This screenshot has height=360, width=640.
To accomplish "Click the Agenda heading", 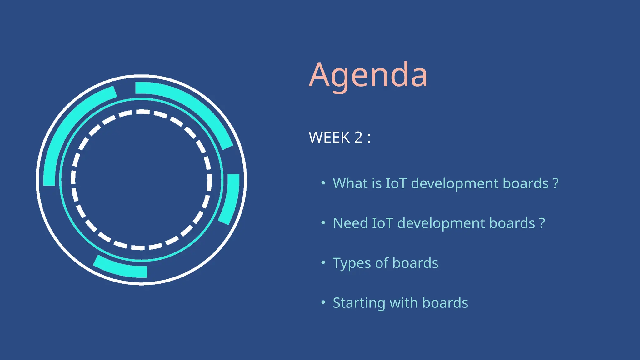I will (368, 75).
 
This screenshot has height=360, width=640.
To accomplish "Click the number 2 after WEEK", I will (358, 137).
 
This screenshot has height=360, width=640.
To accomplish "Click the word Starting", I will (359, 303).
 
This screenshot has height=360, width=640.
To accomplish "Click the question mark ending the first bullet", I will (556, 184).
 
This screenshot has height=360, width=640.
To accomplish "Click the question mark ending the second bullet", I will (542, 224).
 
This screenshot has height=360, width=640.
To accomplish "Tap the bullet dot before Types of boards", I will (323, 263).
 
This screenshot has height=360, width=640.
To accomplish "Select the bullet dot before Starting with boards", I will (323, 302).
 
